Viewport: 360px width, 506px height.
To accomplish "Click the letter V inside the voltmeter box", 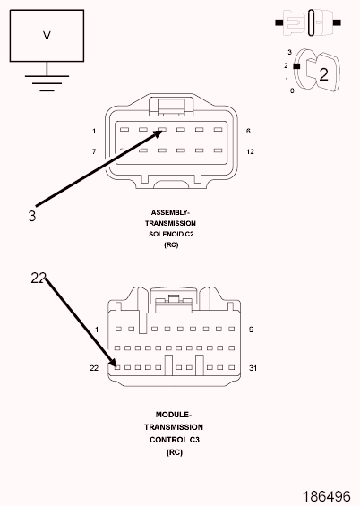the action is tap(47, 35).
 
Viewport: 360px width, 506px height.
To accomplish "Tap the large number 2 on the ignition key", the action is tap(323, 74).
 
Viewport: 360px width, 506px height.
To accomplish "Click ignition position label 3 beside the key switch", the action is tap(289, 52).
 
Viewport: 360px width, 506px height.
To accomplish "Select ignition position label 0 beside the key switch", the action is tap(292, 91).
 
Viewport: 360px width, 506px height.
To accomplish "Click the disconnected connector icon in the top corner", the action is tap(308, 22).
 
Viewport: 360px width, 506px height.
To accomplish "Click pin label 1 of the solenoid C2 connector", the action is tap(94, 131).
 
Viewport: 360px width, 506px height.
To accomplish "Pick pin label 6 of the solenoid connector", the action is tap(248, 131).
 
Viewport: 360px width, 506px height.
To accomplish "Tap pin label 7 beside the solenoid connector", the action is tap(94, 151).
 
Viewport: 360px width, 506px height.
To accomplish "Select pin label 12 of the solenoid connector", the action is tap(251, 151).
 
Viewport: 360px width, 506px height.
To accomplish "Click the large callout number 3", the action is tap(32, 216).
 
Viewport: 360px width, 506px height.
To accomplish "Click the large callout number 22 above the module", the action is tap(39, 278).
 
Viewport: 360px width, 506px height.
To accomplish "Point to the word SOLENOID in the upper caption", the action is tap(163, 234).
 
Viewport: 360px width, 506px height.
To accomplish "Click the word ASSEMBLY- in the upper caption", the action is tap(170, 212).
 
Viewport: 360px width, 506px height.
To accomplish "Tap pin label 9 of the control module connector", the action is tap(252, 330).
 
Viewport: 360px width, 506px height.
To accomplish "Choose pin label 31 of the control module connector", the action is tap(253, 368).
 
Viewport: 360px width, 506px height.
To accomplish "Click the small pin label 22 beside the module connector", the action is tap(94, 368).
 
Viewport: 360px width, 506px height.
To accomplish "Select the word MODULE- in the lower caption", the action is tap(174, 415).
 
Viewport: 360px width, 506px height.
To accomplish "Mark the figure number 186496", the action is tap(327, 496).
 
